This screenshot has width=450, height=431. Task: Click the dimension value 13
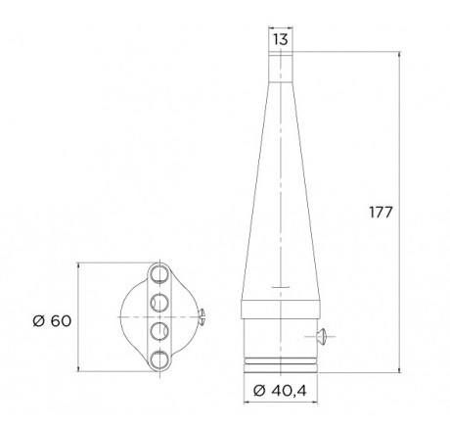[x=281, y=39]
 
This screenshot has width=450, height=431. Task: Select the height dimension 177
[x=381, y=213]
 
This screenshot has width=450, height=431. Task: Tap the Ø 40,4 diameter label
[x=280, y=390]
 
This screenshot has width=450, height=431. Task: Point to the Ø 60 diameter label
[x=52, y=321]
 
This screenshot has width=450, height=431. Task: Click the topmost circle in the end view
[x=159, y=274]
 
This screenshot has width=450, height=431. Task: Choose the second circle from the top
[x=159, y=303]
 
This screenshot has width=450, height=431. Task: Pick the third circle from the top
[x=159, y=331]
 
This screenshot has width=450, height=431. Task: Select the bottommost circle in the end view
[x=159, y=359]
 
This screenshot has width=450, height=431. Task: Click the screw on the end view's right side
[x=202, y=316]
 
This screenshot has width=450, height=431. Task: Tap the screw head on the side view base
[x=321, y=336]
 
